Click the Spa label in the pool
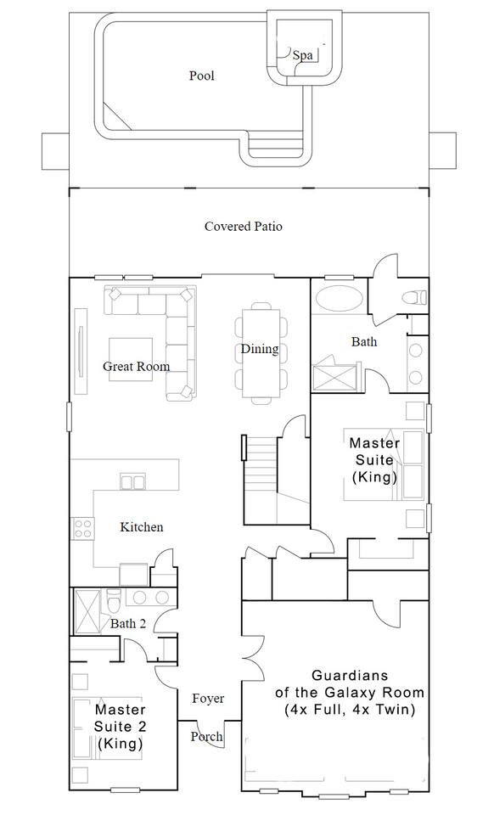[x=302, y=55]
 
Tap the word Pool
[x=201, y=76]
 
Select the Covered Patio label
[x=243, y=227]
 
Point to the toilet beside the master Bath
[x=414, y=298]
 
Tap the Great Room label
[x=136, y=367]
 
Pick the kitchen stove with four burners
[x=82, y=528]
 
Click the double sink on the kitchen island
[x=132, y=482]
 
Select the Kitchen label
[x=142, y=527]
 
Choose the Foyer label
[x=208, y=699]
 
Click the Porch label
[x=207, y=737]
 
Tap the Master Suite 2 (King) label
[x=120, y=726]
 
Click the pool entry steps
[x=274, y=145]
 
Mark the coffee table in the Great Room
[x=131, y=359]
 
